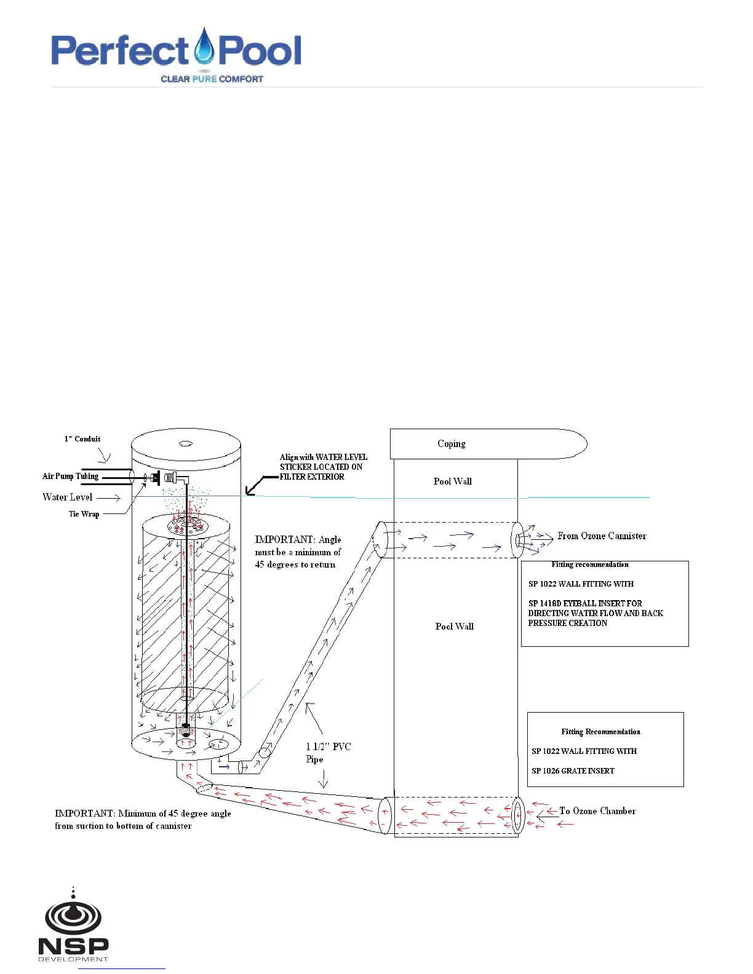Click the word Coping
[x=451, y=444]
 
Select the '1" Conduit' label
[x=82, y=439]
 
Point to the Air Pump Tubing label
[x=70, y=476]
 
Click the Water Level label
[x=68, y=497]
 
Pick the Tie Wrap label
[x=84, y=514]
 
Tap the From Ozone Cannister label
[x=602, y=536]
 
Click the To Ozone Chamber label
[x=597, y=811]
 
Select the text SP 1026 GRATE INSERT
[x=573, y=771]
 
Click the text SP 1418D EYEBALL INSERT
[x=585, y=604]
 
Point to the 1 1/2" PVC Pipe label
[x=328, y=753]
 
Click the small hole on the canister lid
[x=185, y=443]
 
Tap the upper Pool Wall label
[x=452, y=481]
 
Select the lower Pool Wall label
[x=454, y=627]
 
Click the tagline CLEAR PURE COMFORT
[x=212, y=79]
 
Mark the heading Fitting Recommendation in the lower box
[x=600, y=732]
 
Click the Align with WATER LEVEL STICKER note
[x=323, y=467]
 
